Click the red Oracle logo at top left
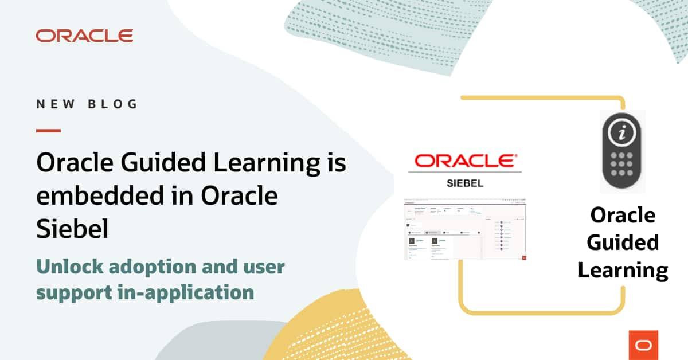click(x=84, y=36)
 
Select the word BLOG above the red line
click(x=113, y=104)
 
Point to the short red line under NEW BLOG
click(x=48, y=131)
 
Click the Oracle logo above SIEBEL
click(x=465, y=161)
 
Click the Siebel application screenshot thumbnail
click(x=465, y=229)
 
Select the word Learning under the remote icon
click(x=623, y=270)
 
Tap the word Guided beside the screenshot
click(x=623, y=242)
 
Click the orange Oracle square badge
click(x=643, y=345)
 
